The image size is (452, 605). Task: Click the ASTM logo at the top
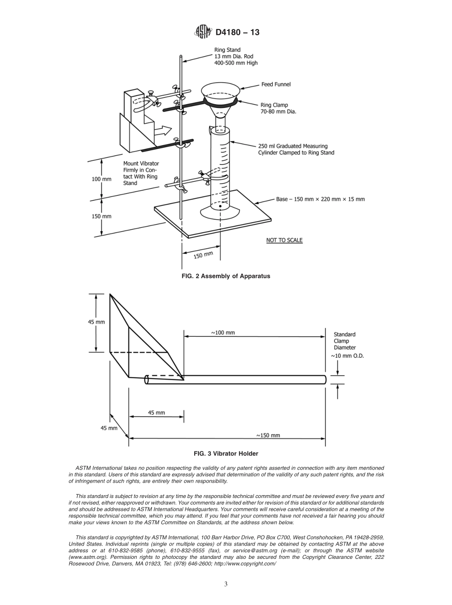pos(202,32)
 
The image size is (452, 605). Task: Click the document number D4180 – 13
pos(237,32)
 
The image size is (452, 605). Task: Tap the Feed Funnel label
pos(275,85)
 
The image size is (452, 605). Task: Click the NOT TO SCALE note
pos(284,240)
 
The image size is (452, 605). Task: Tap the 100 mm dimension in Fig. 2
pos(101,179)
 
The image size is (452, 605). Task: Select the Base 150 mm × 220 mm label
pos(320,199)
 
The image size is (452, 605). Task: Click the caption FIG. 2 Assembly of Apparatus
pos(226,276)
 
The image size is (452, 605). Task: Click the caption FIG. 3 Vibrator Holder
pos(226,454)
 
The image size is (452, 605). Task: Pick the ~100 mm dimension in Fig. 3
pos(223,332)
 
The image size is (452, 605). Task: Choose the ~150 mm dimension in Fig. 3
pos(268,435)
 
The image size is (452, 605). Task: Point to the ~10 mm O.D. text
pos(347,356)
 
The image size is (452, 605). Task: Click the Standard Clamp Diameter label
pos(344,341)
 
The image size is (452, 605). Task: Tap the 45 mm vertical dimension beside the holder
pos(97,322)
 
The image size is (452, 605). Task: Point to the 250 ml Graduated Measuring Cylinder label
pos(296,149)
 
